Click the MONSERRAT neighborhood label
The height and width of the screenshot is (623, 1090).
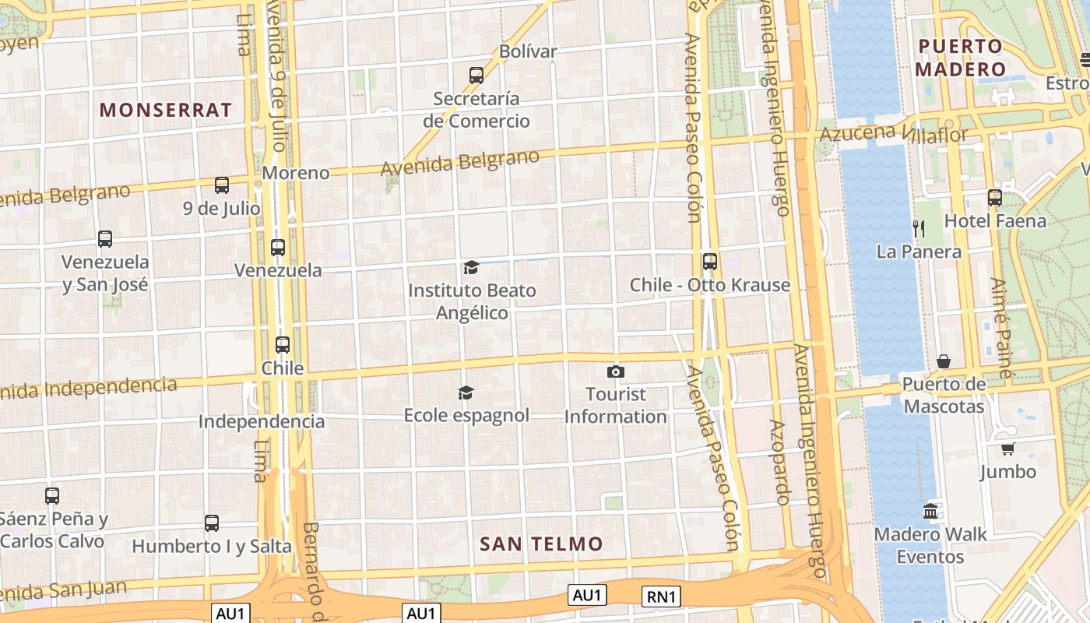pos(166,110)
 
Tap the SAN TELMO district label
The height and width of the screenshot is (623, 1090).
pos(541,544)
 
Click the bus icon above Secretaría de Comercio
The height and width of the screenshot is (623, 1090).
pos(476,76)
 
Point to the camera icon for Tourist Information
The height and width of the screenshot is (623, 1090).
pos(616,371)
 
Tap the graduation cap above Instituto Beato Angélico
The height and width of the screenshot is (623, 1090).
pos(471,268)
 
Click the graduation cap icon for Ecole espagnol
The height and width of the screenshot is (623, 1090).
pos(466,392)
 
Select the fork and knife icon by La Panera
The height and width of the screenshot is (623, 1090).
pos(919,228)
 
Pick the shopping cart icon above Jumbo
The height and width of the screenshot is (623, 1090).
pos(1008,449)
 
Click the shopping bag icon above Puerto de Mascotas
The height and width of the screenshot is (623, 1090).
pos(944,361)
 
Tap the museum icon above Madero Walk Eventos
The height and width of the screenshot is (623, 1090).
pos(930,512)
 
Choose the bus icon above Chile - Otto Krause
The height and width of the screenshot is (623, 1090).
pos(709,261)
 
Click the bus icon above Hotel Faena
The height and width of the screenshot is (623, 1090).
pos(995,198)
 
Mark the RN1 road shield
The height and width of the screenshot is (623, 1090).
pos(662,597)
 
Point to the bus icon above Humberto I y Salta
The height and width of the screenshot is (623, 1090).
pos(212,523)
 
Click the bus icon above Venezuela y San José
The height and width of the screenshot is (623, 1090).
pos(105,239)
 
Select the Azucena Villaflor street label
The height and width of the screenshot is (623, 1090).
pos(893,134)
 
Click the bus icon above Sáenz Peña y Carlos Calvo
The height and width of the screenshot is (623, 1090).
pos(52,495)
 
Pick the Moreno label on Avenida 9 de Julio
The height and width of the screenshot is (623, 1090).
pos(296,173)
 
